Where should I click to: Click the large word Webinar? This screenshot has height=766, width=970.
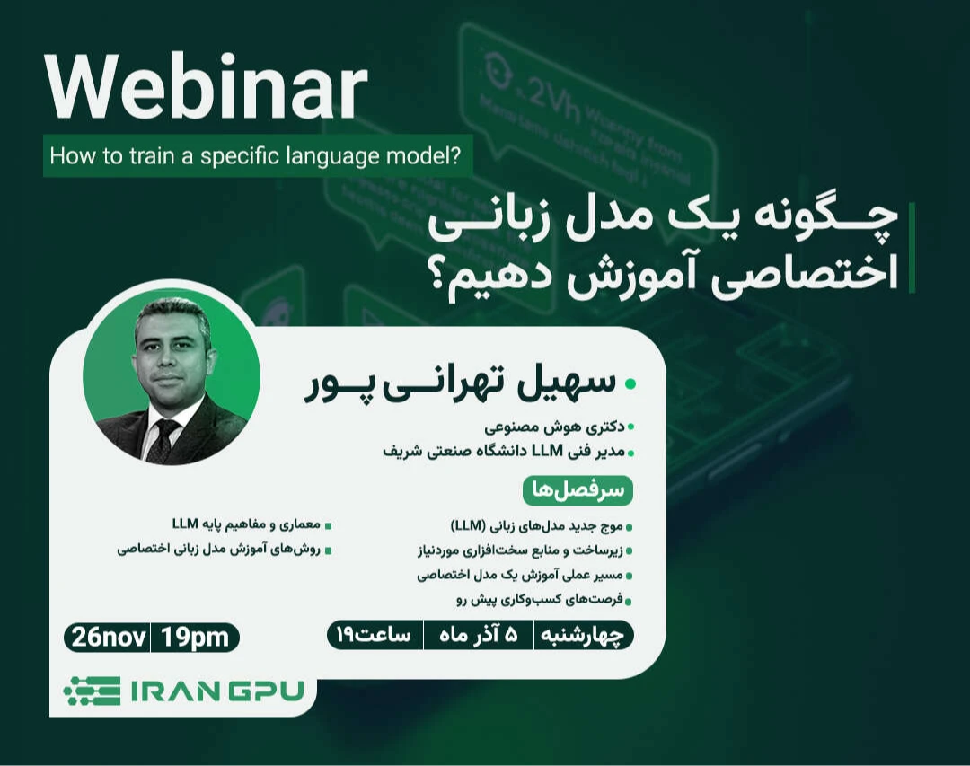[206, 89]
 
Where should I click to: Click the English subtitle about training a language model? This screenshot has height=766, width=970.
[255, 157]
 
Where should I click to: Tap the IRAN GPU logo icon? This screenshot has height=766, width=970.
[92, 691]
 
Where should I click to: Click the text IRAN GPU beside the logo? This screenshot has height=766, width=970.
[217, 691]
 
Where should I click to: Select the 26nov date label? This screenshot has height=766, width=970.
[107, 638]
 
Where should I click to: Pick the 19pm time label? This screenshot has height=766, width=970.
[195, 638]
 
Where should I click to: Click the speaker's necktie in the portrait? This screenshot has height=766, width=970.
[163, 439]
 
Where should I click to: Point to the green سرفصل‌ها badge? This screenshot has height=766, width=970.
[578, 490]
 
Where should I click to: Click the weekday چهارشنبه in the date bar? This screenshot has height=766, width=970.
[584, 635]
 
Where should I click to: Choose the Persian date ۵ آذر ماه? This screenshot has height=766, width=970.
[479, 635]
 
